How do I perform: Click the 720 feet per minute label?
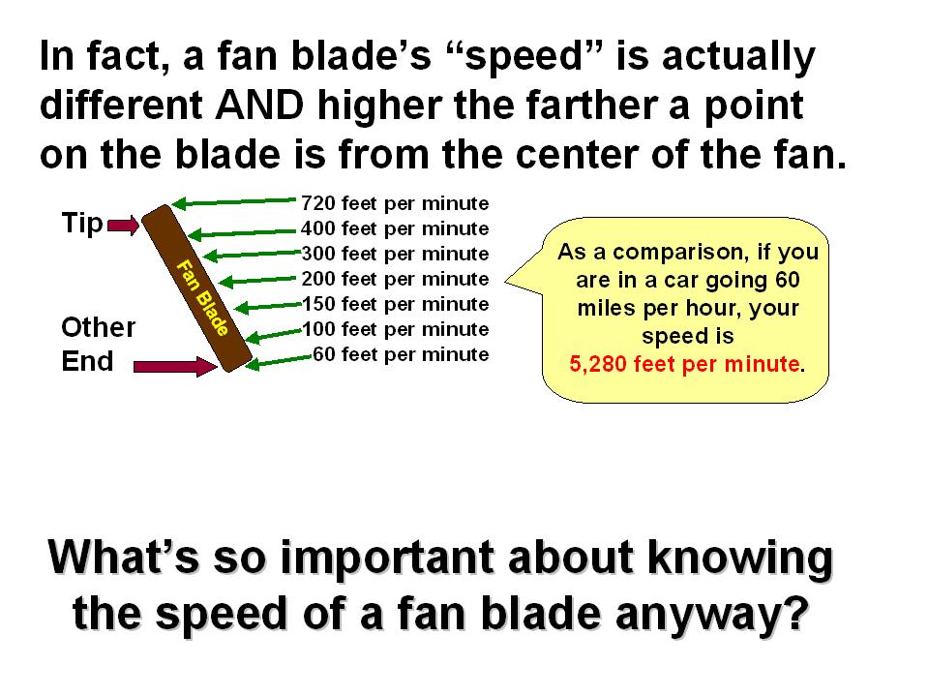pyautogui.click(x=395, y=203)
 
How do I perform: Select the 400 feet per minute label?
pyautogui.click(x=395, y=228)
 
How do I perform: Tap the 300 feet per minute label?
pyautogui.click(x=395, y=254)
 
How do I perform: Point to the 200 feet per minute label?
pyautogui.click(x=395, y=279)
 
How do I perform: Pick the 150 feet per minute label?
pyautogui.click(x=395, y=304)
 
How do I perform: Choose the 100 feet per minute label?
pyautogui.click(x=395, y=329)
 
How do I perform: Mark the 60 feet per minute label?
pyautogui.click(x=401, y=354)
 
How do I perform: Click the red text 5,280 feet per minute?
pyautogui.click(x=684, y=363)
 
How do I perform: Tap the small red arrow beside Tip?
pyautogui.click(x=123, y=225)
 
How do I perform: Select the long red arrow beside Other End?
pyautogui.click(x=175, y=366)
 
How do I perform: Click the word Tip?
pyautogui.click(x=82, y=224)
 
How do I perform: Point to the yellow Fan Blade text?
pyautogui.click(x=202, y=298)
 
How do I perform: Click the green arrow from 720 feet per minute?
pyautogui.click(x=234, y=201)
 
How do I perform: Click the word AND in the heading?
pyautogui.click(x=259, y=106)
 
